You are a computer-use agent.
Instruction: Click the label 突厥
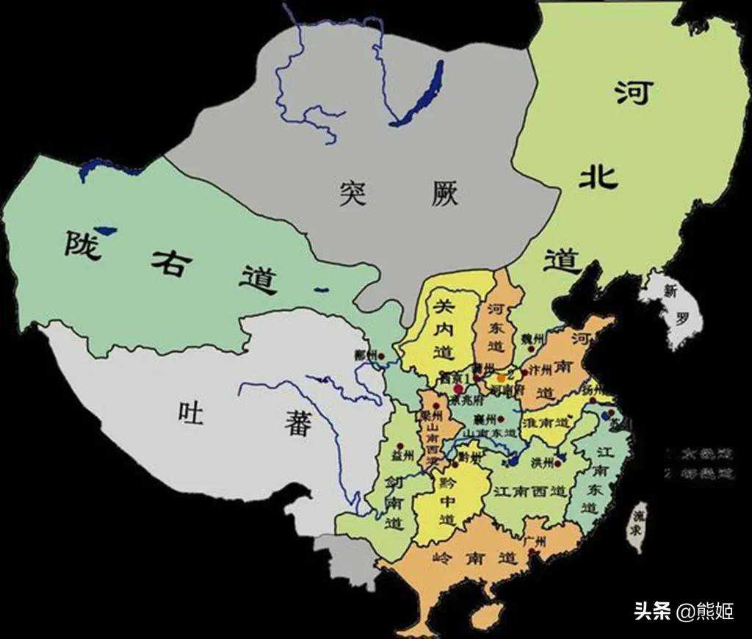[399, 193]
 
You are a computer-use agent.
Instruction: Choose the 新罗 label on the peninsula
[675, 306]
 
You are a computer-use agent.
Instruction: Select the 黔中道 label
[447, 500]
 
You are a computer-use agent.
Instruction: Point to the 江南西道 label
[529, 490]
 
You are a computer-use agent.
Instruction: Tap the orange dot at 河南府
[502, 378]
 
